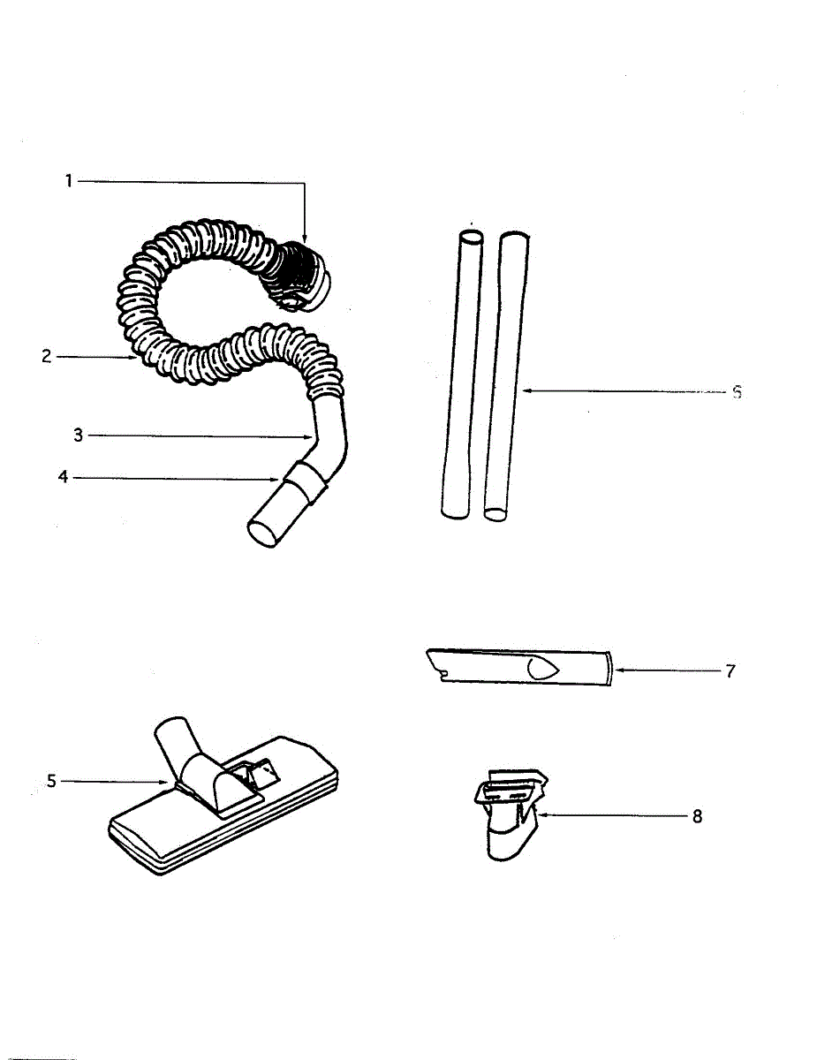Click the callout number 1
tap(67, 182)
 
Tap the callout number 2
tap(47, 357)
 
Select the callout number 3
tap(78, 435)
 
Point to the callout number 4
tap(63, 478)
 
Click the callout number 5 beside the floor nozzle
tap(51, 781)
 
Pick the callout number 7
tap(730, 670)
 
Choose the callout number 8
tap(697, 817)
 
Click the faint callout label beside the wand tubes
tap(736, 393)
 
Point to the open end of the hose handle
tap(262, 534)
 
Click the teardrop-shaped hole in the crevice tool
tap(542, 669)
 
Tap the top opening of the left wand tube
tap(472, 237)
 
